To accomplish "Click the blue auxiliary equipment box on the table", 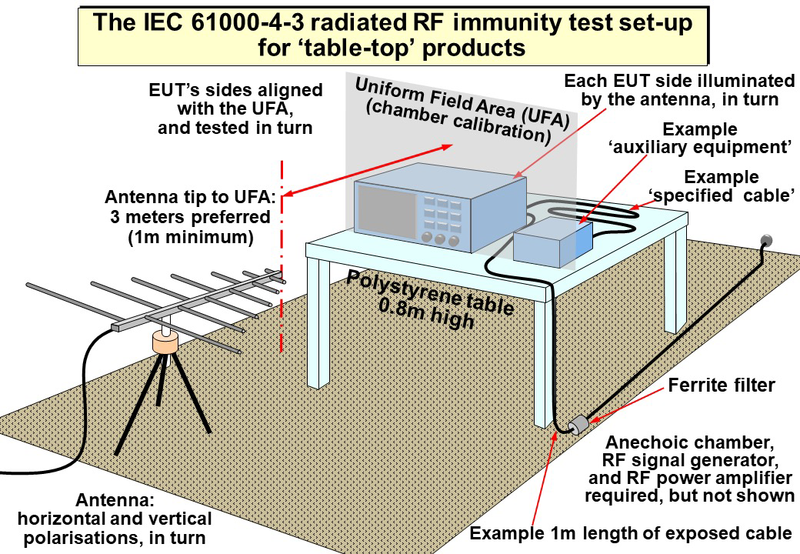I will tap(552, 241).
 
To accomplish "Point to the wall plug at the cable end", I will tap(766, 242).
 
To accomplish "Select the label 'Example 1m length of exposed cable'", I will tap(631, 533).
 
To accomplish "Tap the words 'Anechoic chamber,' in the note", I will tap(688, 443).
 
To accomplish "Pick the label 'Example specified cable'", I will tap(721, 185).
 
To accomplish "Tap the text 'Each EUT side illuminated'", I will tap(679, 81).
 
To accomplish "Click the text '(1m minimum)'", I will tap(190, 238).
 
